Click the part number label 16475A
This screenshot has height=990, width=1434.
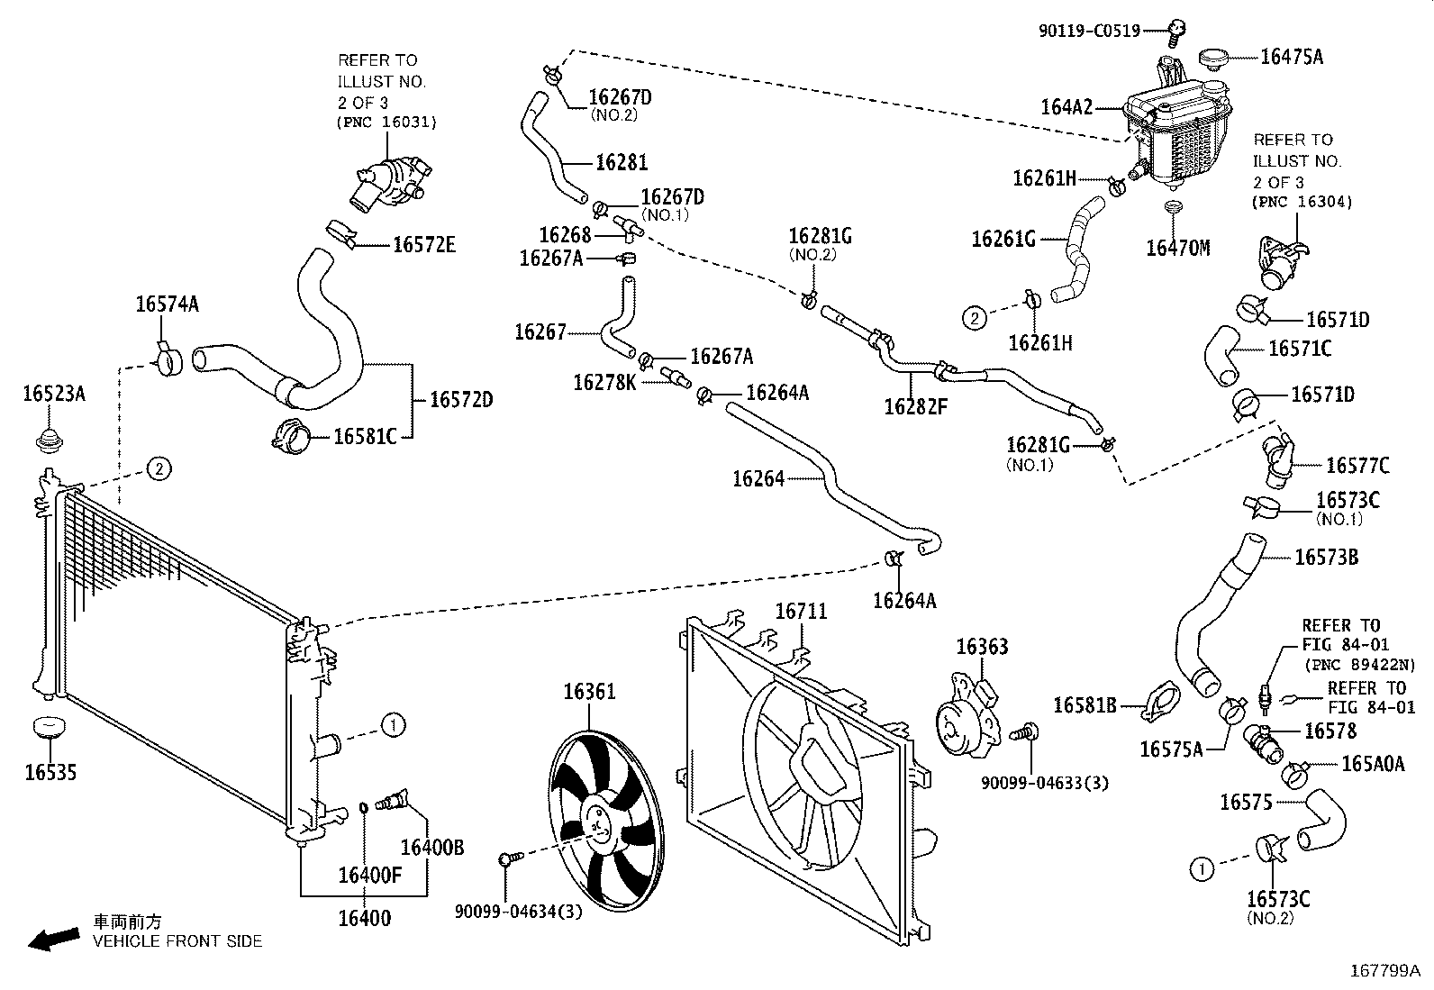click(1291, 57)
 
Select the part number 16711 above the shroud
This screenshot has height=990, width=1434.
click(801, 612)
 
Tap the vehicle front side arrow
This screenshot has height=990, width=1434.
click(52, 940)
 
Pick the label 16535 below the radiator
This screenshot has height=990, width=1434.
click(50, 772)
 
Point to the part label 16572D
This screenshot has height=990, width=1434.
click(460, 399)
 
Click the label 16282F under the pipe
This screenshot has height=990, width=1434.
click(915, 406)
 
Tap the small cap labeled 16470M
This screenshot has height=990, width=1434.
click(1172, 211)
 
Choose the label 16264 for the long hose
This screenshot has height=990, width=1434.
click(758, 479)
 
